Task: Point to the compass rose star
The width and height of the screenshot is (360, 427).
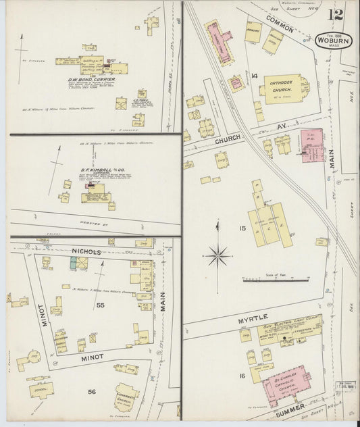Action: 217,255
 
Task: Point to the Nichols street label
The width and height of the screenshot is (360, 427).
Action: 86,251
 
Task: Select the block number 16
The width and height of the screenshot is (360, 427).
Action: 241,376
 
